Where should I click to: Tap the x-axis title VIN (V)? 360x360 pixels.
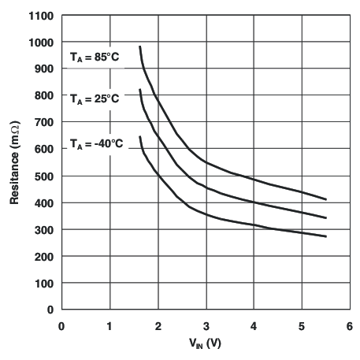(x=205, y=343)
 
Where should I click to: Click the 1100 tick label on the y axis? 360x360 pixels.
(x=41, y=16)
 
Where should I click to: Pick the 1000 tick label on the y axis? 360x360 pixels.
(x=41, y=43)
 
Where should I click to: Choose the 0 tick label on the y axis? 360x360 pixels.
(x=50, y=310)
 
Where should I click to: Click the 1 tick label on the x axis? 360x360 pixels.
(x=109, y=325)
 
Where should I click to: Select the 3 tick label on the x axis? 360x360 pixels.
(x=206, y=325)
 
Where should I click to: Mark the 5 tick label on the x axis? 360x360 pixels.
(x=302, y=325)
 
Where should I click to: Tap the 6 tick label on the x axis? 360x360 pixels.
(x=350, y=325)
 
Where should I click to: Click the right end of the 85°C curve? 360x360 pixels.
(x=325, y=199)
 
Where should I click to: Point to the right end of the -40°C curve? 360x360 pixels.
(x=325, y=236)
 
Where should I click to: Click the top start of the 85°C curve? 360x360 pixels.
(x=139, y=46)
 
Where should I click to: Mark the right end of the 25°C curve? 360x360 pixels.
(x=325, y=217)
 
